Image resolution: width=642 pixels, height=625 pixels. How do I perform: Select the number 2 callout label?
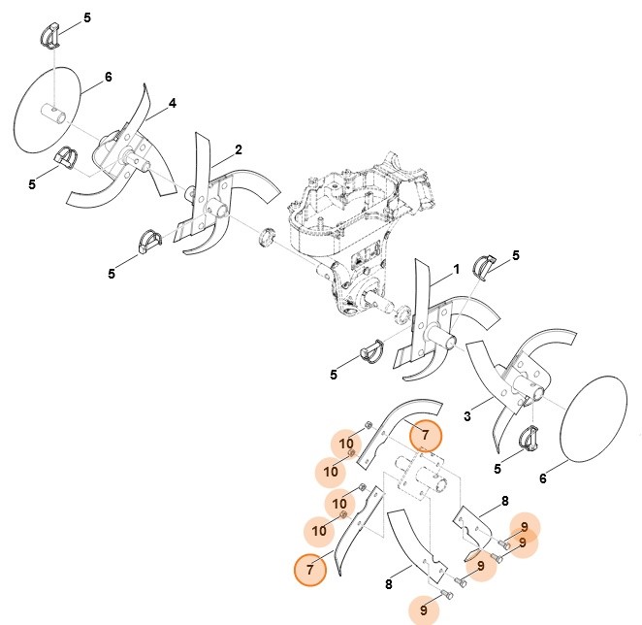point(239,150)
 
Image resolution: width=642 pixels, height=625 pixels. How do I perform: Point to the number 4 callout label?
point(173,103)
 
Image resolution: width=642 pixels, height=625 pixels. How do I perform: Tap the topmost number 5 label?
point(86,18)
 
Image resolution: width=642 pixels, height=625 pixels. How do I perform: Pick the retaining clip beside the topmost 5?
point(52,36)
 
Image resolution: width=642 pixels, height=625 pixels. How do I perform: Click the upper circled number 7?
point(425,439)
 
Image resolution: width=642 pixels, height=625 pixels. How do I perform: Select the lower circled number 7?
point(310,570)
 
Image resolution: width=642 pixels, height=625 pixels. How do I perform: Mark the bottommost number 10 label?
point(319,531)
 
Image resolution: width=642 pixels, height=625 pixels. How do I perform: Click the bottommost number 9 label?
point(424,610)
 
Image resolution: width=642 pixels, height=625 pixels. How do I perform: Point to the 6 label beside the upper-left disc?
point(108,77)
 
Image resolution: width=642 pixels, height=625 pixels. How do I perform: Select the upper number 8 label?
point(504,502)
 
